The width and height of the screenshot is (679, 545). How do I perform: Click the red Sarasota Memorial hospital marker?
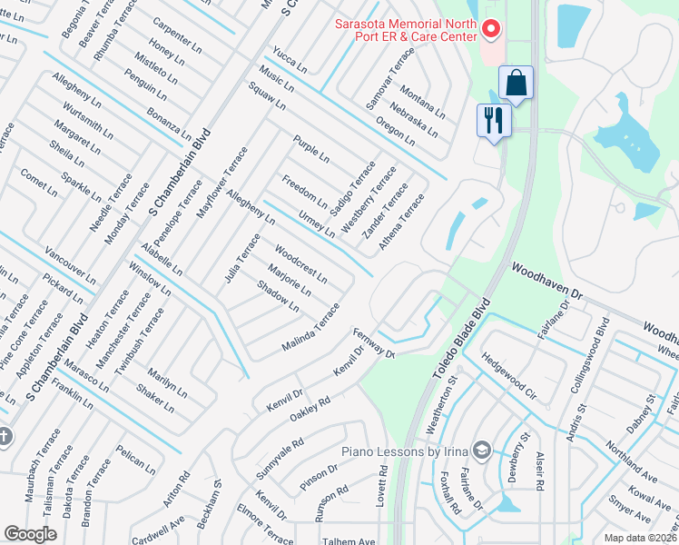pos(490,30)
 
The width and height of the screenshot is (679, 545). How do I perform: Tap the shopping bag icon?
pos(516,84)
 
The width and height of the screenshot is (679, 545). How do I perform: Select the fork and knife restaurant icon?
pos(494,120)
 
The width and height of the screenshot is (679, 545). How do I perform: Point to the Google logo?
pos(30,534)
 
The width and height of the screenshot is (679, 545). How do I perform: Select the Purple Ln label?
pos(310,149)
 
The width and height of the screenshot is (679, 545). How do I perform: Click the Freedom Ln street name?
pos(304,190)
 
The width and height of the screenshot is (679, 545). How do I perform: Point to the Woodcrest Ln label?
pos(300,262)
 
